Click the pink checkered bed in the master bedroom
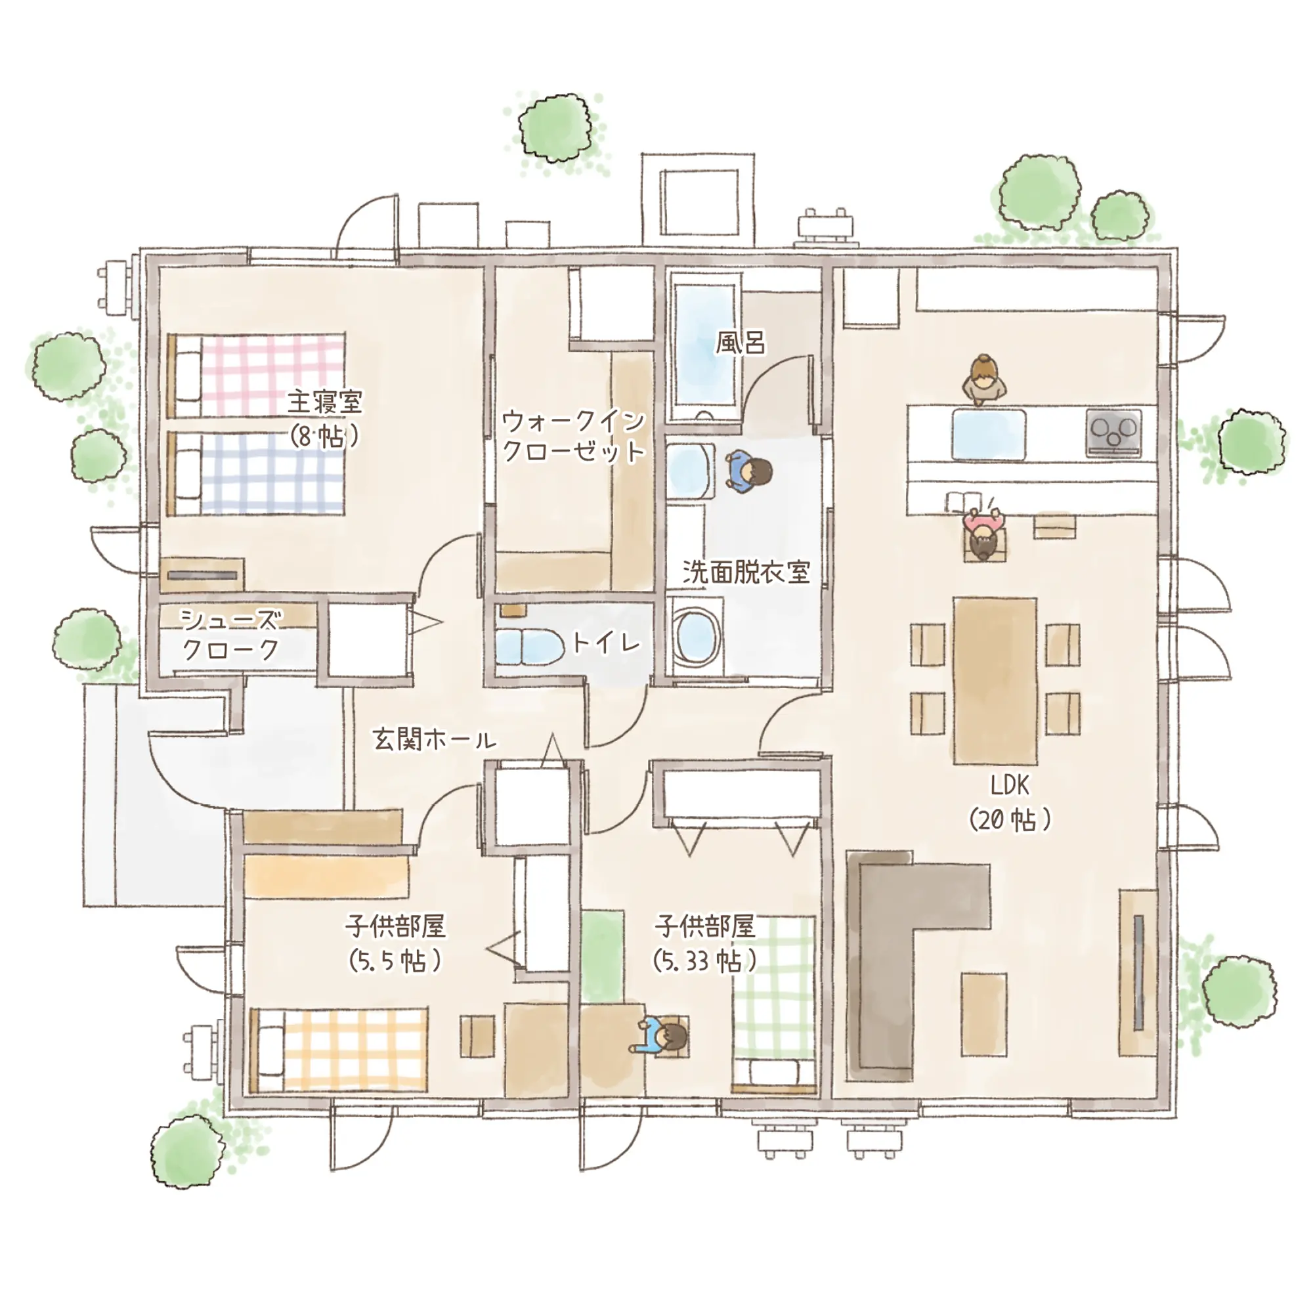coord(255,375)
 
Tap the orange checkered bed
coord(339,1050)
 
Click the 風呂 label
coord(741,343)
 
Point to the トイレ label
coord(606,642)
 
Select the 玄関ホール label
coord(434,739)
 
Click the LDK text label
coord(1010,786)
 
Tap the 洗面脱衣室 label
coord(746,572)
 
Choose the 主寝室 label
coord(325,402)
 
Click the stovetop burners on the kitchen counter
coord(1113,431)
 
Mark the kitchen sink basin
coord(989,434)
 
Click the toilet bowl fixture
coord(529,648)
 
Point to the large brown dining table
coord(995,681)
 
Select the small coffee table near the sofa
coord(983,1014)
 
